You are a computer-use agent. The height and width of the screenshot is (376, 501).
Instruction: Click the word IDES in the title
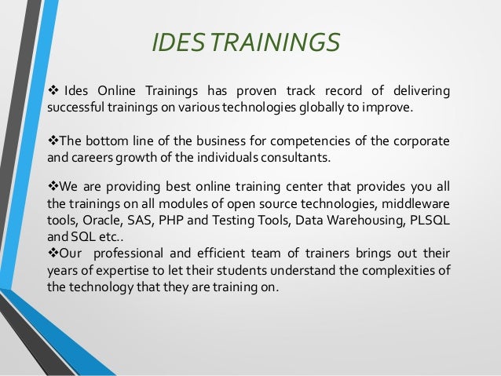click(177, 43)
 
